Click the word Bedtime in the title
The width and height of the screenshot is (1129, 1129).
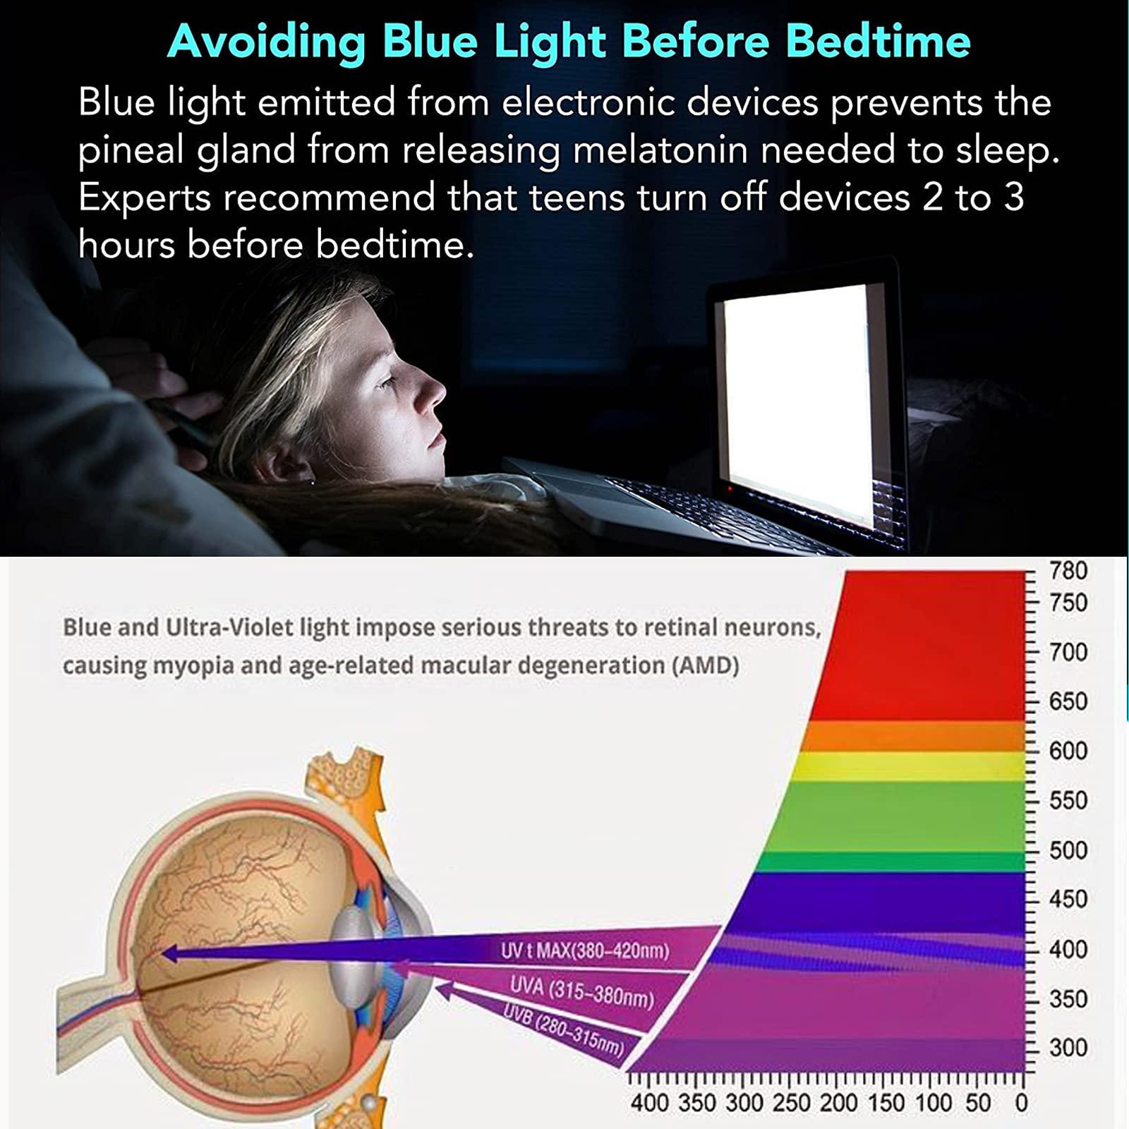pos(878,40)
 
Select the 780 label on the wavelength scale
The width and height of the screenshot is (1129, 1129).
pos(1068,570)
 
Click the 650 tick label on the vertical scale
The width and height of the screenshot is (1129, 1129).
pos(1068,701)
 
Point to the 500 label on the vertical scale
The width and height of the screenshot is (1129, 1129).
pos(1068,850)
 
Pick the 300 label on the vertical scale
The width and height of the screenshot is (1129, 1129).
pos(1068,1048)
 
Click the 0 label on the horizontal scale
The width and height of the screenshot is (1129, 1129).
pos(1020,1103)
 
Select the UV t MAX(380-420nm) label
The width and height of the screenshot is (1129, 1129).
pos(585,950)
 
